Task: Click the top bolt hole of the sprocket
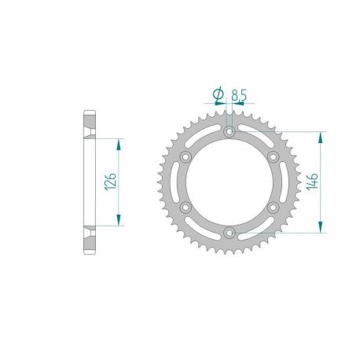(x=229, y=132)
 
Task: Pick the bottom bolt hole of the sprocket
(x=229, y=233)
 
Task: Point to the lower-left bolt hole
(x=186, y=208)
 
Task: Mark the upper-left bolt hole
(x=186, y=157)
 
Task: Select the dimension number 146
(x=312, y=183)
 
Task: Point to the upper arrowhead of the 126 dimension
(x=119, y=145)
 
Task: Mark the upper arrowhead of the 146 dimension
(x=320, y=137)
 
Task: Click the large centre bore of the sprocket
(x=229, y=182)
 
